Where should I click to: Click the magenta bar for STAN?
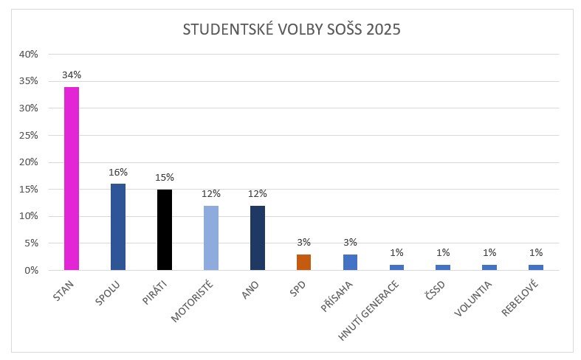pyautogui.click(x=72, y=179)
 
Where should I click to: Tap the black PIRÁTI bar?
pyautogui.click(x=165, y=229)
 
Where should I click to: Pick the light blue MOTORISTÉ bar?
pyautogui.click(x=211, y=238)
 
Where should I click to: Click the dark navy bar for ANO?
pyautogui.click(x=258, y=238)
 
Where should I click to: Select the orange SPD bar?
pyautogui.click(x=304, y=262)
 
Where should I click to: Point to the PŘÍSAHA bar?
pyautogui.click(x=351, y=262)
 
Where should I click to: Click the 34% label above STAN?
pyautogui.click(x=72, y=76)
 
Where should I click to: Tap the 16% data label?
pyautogui.click(x=118, y=173)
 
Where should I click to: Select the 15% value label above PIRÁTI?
pyautogui.click(x=165, y=178)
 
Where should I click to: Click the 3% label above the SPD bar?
pyautogui.click(x=304, y=243)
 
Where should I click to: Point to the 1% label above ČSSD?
pyautogui.click(x=444, y=253)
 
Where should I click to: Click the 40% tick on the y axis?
pyautogui.click(x=29, y=54)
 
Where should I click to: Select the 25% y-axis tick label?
pyautogui.click(x=29, y=135)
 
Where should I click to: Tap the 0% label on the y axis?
pyautogui.click(x=31, y=270)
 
